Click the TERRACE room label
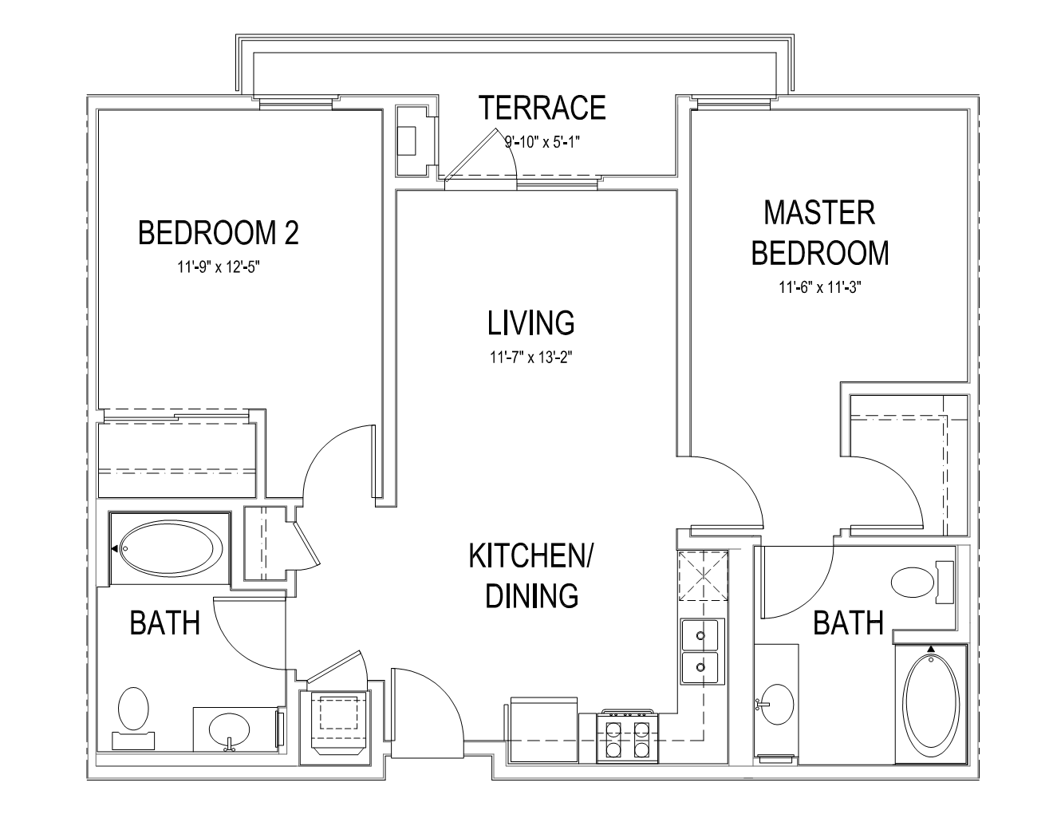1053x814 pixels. point(542,108)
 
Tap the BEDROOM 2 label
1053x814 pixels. point(218,233)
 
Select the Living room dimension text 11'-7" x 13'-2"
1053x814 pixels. point(531,358)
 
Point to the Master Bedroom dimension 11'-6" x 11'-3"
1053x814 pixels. point(819,287)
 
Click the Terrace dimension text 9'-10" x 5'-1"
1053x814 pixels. point(542,142)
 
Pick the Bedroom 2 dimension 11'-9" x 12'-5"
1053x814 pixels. point(219,267)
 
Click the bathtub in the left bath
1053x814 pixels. point(171,548)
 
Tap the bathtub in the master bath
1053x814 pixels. point(932,702)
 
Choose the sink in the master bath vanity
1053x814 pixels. point(777,704)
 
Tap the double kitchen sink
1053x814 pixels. point(702,651)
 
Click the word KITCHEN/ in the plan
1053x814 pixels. point(530,556)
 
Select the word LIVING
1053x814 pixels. point(531,323)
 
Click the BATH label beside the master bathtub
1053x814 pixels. point(848,623)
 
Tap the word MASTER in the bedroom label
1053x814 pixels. point(819,212)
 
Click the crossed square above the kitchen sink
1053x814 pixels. point(703,575)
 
